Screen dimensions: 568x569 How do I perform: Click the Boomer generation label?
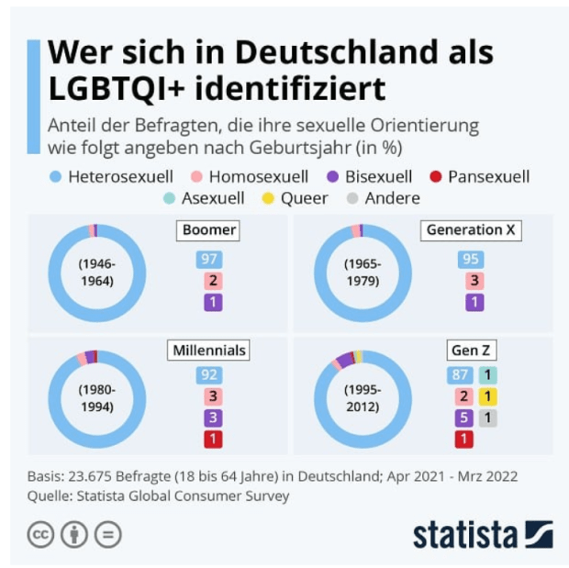(209, 230)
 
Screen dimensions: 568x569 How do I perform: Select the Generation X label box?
(470, 230)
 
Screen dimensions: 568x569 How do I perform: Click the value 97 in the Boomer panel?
(210, 260)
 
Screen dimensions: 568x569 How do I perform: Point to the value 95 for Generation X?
(471, 260)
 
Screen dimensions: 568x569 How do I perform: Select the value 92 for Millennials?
(210, 374)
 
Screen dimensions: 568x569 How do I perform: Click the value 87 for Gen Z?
(460, 374)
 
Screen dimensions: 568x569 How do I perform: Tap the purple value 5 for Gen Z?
(464, 418)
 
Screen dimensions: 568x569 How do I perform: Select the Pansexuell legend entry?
(480, 176)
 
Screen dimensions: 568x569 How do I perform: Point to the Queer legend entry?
(295, 197)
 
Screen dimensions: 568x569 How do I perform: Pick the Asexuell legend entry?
(204, 197)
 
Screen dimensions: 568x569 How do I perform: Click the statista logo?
(482, 534)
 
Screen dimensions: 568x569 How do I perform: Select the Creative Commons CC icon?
(41, 534)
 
